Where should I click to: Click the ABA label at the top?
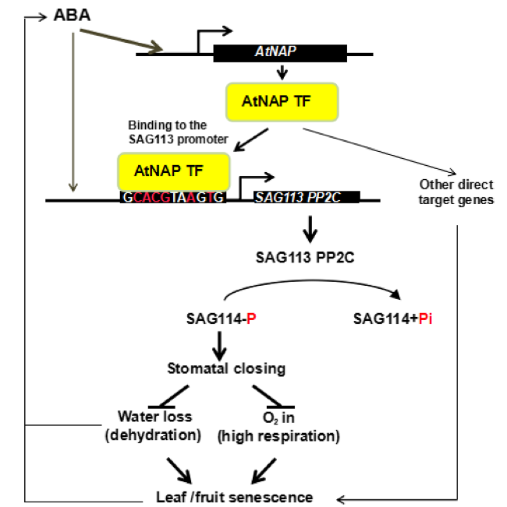point(72,16)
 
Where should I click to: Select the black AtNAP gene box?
point(280,54)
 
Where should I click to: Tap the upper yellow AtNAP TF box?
point(282,102)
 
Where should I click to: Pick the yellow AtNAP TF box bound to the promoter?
point(174,171)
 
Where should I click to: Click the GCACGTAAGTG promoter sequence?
point(173,197)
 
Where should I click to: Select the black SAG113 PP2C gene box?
point(307,197)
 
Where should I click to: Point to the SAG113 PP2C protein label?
point(305,258)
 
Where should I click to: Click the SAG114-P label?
point(222,319)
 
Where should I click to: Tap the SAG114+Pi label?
point(392,319)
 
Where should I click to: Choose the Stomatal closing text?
point(226,368)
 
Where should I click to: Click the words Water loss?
point(154,417)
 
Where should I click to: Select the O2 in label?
point(278,417)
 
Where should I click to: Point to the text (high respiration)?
point(278,436)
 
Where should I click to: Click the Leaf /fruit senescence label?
point(235,497)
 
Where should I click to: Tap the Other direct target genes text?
point(456,192)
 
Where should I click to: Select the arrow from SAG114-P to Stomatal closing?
point(219,346)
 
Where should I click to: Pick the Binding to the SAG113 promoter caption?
point(178,132)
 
